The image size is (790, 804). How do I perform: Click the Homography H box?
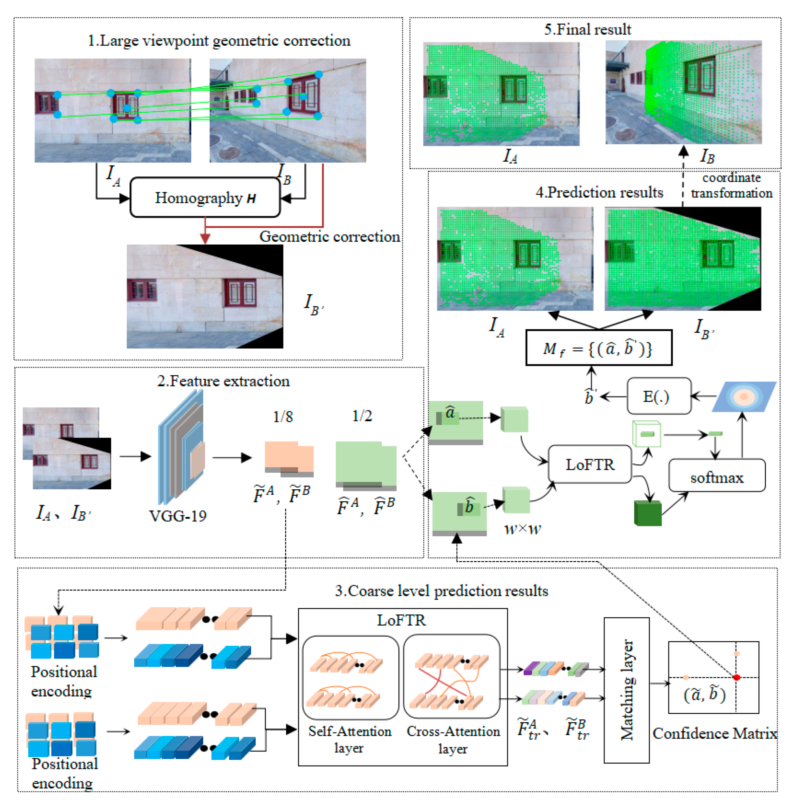coord(205,198)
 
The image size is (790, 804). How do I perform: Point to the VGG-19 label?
coord(178,516)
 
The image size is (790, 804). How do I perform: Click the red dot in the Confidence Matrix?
coord(736,677)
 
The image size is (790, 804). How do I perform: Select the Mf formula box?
coord(598,348)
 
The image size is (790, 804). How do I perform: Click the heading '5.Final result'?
coord(588,30)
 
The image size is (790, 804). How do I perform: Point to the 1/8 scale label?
coord(283,416)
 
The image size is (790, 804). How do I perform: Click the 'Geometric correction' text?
coord(329,236)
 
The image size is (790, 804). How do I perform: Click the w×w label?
coord(522,528)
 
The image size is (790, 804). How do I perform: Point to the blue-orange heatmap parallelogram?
coord(744,397)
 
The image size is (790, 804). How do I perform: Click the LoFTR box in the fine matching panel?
coord(590,464)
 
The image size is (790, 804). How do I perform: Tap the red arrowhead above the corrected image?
coord(205,238)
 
